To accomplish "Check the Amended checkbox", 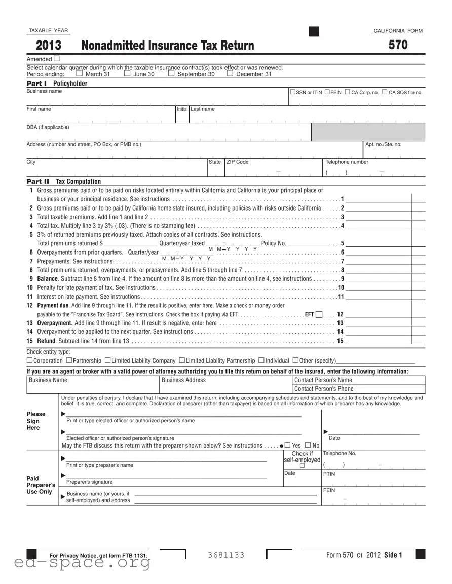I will tap(56, 59).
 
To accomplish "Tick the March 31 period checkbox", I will tap(79, 74).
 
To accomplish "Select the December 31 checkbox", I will tap(230, 74).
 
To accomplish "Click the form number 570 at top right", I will tap(398, 45).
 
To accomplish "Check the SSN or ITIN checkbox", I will tap(293, 92).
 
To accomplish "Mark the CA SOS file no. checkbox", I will tap(385, 92).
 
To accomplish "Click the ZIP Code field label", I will tap(237, 162).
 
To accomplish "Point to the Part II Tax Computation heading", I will tap(64, 181).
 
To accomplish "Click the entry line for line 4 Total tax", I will tap(385, 226).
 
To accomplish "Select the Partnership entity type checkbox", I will tap(68, 360).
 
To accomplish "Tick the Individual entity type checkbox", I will tap(261, 360).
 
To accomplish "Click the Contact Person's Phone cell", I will tap(358, 389).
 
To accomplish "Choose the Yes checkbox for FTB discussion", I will tap(287, 445).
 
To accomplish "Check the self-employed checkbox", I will tap(302, 466).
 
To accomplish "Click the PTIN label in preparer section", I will tap(329, 474).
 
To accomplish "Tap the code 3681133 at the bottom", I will tap(225, 555).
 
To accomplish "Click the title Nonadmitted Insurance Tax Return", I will tap(168, 46).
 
